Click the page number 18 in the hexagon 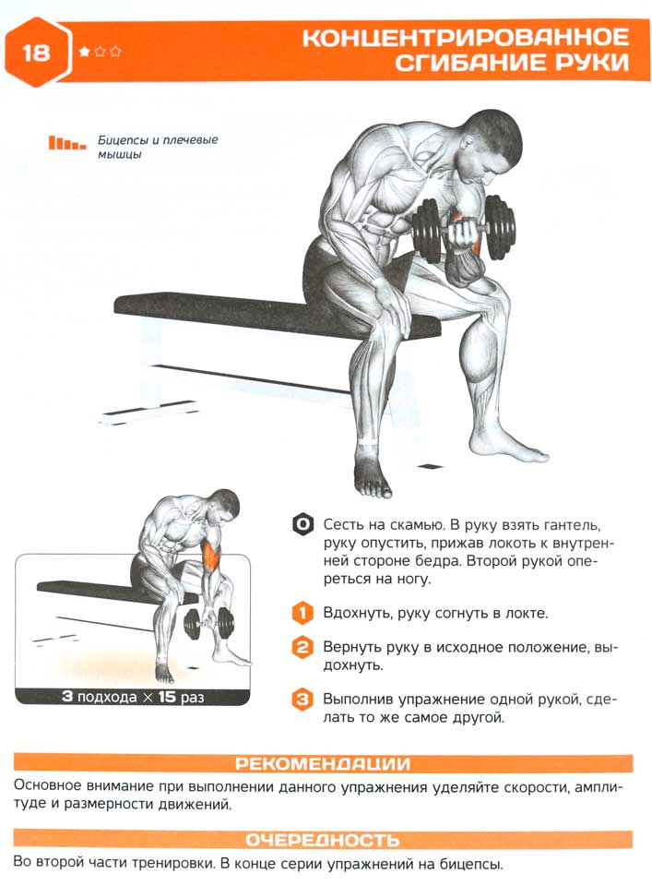point(36,53)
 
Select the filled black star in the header point(85,52)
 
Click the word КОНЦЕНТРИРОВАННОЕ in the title point(466,38)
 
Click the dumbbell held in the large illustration point(464,229)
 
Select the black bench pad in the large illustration point(277,315)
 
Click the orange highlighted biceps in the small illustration point(212,551)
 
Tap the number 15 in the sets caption point(167,696)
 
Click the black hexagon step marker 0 point(302,524)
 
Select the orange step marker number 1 point(302,613)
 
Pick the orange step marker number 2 point(302,646)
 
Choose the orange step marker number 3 point(302,699)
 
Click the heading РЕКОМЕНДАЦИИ point(323,763)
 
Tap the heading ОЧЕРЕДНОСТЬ point(323,840)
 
